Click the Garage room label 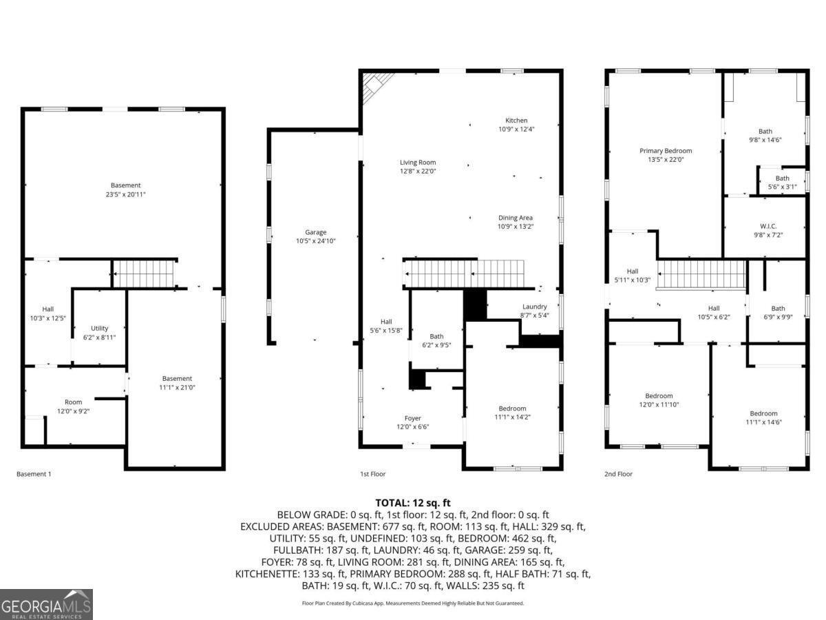[x=316, y=232]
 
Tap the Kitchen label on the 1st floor [x=516, y=121]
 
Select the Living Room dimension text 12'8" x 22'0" [x=418, y=171]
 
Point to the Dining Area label [x=516, y=218]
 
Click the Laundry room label [x=534, y=307]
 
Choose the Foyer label [x=412, y=418]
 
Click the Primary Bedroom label [x=665, y=151]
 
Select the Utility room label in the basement [x=100, y=329]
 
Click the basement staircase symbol [x=144, y=273]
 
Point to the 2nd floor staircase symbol [x=701, y=274]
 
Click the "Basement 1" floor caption [x=34, y=474]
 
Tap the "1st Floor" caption [x=373, y=474]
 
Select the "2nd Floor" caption [x=619, y=474]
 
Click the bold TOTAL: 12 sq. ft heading [x=412, y=503]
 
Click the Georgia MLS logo [x=46, y=604]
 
